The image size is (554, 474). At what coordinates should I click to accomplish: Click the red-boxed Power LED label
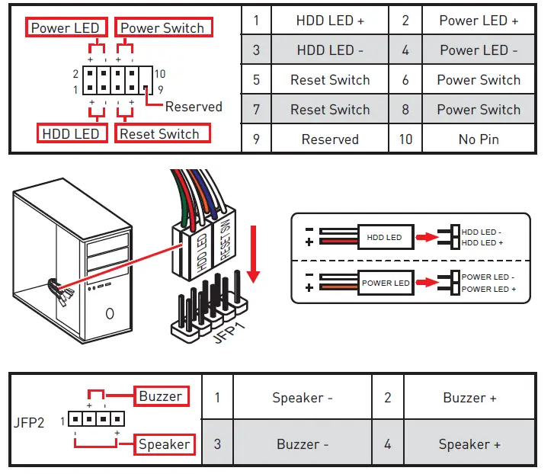tap(66, 28)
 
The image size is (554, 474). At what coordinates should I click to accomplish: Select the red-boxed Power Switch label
tap(163, 28)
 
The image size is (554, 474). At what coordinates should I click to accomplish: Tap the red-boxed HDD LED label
tap(71, 134)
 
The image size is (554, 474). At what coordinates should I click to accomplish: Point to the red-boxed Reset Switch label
tap(159, 134)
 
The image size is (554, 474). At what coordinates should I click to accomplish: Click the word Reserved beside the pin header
tap(194, 107)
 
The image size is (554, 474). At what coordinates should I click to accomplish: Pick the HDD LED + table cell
tap(330, 21)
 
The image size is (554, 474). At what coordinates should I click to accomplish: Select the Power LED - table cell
tap(479, 50)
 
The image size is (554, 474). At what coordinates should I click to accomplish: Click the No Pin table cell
tap(479, 139)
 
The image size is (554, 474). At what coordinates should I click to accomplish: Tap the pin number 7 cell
tap(256, 110)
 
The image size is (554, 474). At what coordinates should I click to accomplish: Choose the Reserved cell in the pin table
tap(330, 139)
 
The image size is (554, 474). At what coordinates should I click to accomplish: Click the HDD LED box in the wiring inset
tap(384, 237)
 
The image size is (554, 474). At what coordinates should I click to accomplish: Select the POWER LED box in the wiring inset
tap(386, 283)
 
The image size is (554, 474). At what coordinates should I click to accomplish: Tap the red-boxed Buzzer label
tap(161, 396)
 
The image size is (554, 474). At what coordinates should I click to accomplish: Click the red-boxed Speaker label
tap(163, 444)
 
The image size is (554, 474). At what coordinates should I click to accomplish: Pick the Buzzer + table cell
tap(469, 398)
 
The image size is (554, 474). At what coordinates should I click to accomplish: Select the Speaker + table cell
tap(469, 444)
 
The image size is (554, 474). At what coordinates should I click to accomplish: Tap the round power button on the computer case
tap(110, 312)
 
